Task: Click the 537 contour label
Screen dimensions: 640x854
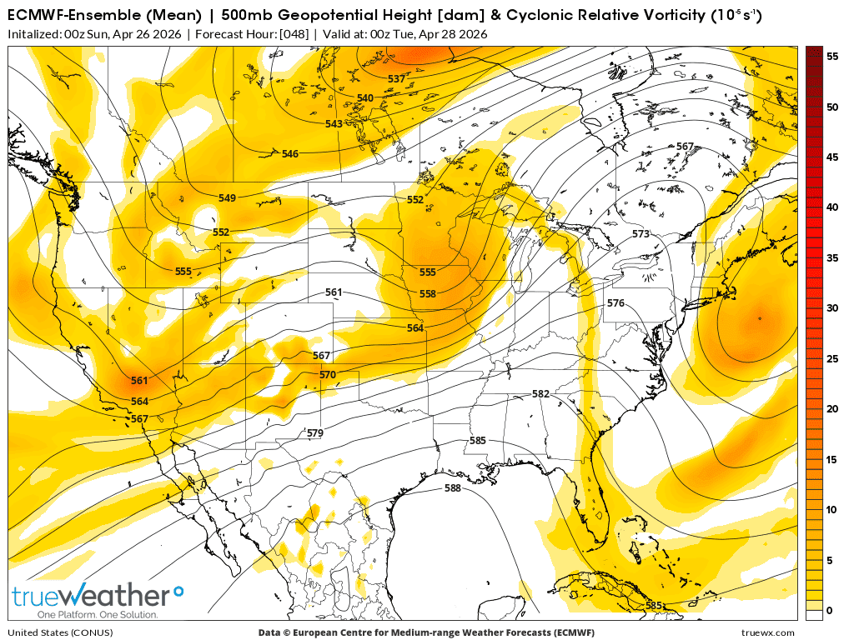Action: [x=396, y=78]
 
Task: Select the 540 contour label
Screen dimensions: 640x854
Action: [x=365, y=98]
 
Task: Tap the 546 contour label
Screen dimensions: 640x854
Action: [x=290, y=154]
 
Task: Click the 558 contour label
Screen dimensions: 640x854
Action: [x=427, y=293]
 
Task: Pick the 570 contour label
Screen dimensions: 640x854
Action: [x=328, y=375]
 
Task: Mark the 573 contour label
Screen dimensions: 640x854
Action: [x=640, y=234]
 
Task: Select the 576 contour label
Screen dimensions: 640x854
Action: [x=615, y=302]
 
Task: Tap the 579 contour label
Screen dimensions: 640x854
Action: [x=314, y=433]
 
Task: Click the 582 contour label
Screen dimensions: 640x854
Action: [x=540, y=393]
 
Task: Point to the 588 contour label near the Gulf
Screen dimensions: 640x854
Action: [x=452, y=488]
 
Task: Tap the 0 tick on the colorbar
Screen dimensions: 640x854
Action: [x=830, y=611]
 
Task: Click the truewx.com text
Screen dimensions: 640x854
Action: [x=768, y=633]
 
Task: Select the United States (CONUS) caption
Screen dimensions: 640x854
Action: [x=52, y=633]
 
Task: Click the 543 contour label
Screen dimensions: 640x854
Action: [x=334, y=124]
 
